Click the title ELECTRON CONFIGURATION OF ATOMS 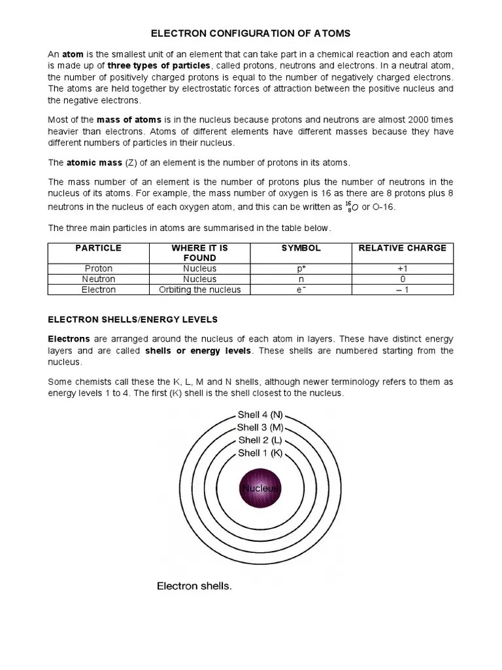coord(251,33)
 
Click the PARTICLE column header coord(98,248)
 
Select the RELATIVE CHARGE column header coord(402,248)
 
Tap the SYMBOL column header coord(301,248)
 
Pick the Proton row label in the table coord(98,268)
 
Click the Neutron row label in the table coord(98,279)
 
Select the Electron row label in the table coord(98,289)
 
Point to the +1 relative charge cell coord(402,268)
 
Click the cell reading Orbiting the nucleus coord(199,289)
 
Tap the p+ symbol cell coord(301,268)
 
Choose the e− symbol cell coord(301,289)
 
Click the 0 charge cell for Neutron coord(402,279)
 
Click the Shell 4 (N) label coord(260,415)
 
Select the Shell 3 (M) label coord(260,427)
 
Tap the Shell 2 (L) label coord(260,440)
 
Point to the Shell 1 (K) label coord(260,453)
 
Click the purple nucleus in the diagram coord(260,488)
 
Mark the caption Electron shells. coord(194,586)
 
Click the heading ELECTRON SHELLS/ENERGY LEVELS coord(133,319)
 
